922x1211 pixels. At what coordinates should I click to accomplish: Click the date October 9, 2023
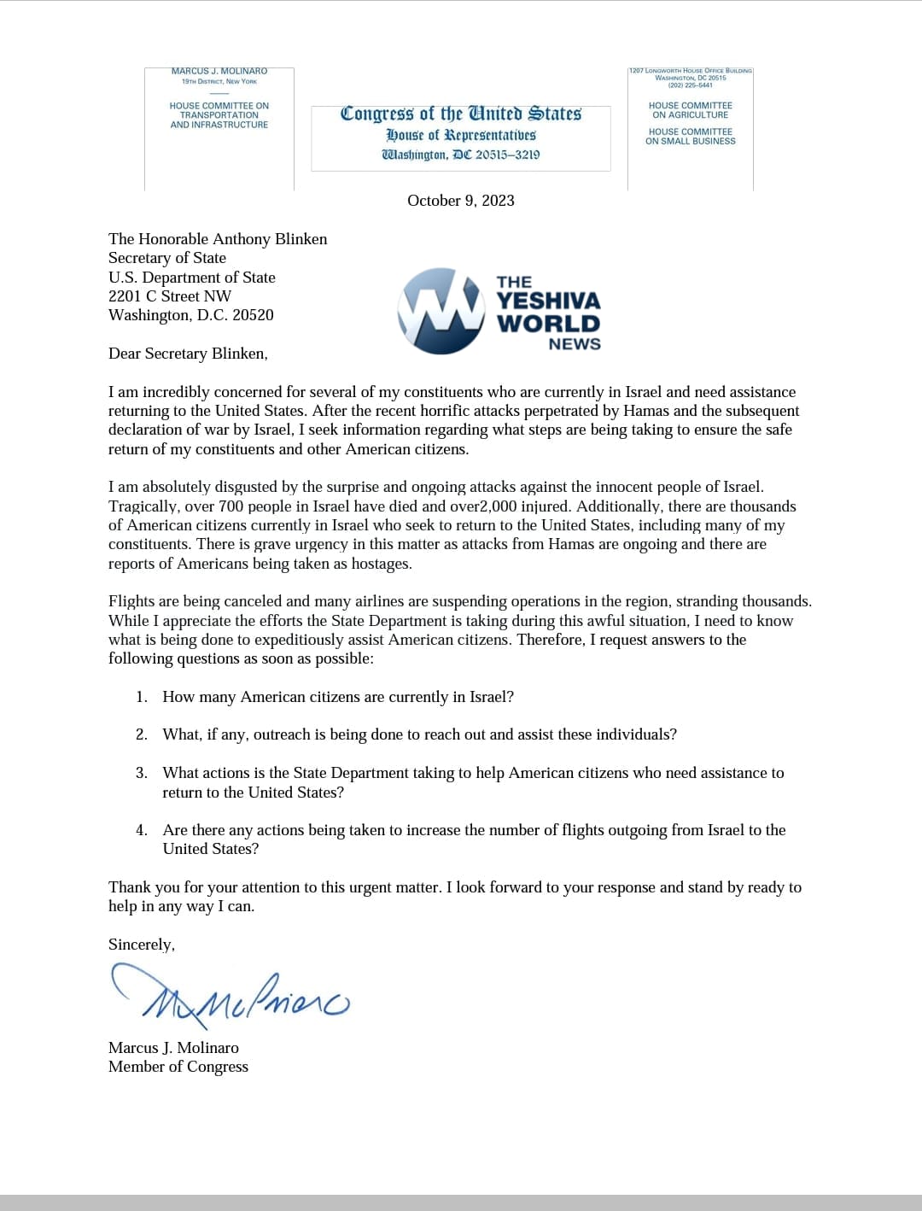point(461,201)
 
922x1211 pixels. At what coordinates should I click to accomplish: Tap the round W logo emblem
point(441,311)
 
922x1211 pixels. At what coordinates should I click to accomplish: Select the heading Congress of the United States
point(461,114)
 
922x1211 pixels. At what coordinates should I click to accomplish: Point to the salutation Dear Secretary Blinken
point(188,354)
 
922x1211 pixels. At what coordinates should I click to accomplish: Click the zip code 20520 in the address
point(254,315)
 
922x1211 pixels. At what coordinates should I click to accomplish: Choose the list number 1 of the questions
point(142,697)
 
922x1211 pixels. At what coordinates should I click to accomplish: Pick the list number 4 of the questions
point(142,830)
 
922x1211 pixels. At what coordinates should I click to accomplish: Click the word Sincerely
point(141,945)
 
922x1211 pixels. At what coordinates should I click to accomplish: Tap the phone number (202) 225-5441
point(691,85)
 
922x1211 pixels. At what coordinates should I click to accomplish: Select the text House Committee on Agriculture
point(691,110)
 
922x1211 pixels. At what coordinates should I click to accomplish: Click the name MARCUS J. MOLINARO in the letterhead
point(219,72)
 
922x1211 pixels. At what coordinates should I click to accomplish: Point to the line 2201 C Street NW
point(170,296)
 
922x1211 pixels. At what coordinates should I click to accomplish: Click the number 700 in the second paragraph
point(231,506)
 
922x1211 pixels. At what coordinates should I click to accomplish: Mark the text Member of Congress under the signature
point(178,1067)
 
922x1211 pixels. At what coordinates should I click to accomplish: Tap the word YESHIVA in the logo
point(549,301)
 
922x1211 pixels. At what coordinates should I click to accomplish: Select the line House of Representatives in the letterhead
point(461,135)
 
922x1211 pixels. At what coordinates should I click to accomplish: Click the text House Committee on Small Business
point(691,137)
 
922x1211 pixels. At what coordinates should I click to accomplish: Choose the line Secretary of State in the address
point(167,258)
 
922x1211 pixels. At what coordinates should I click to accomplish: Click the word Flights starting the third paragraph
point(131,601)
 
